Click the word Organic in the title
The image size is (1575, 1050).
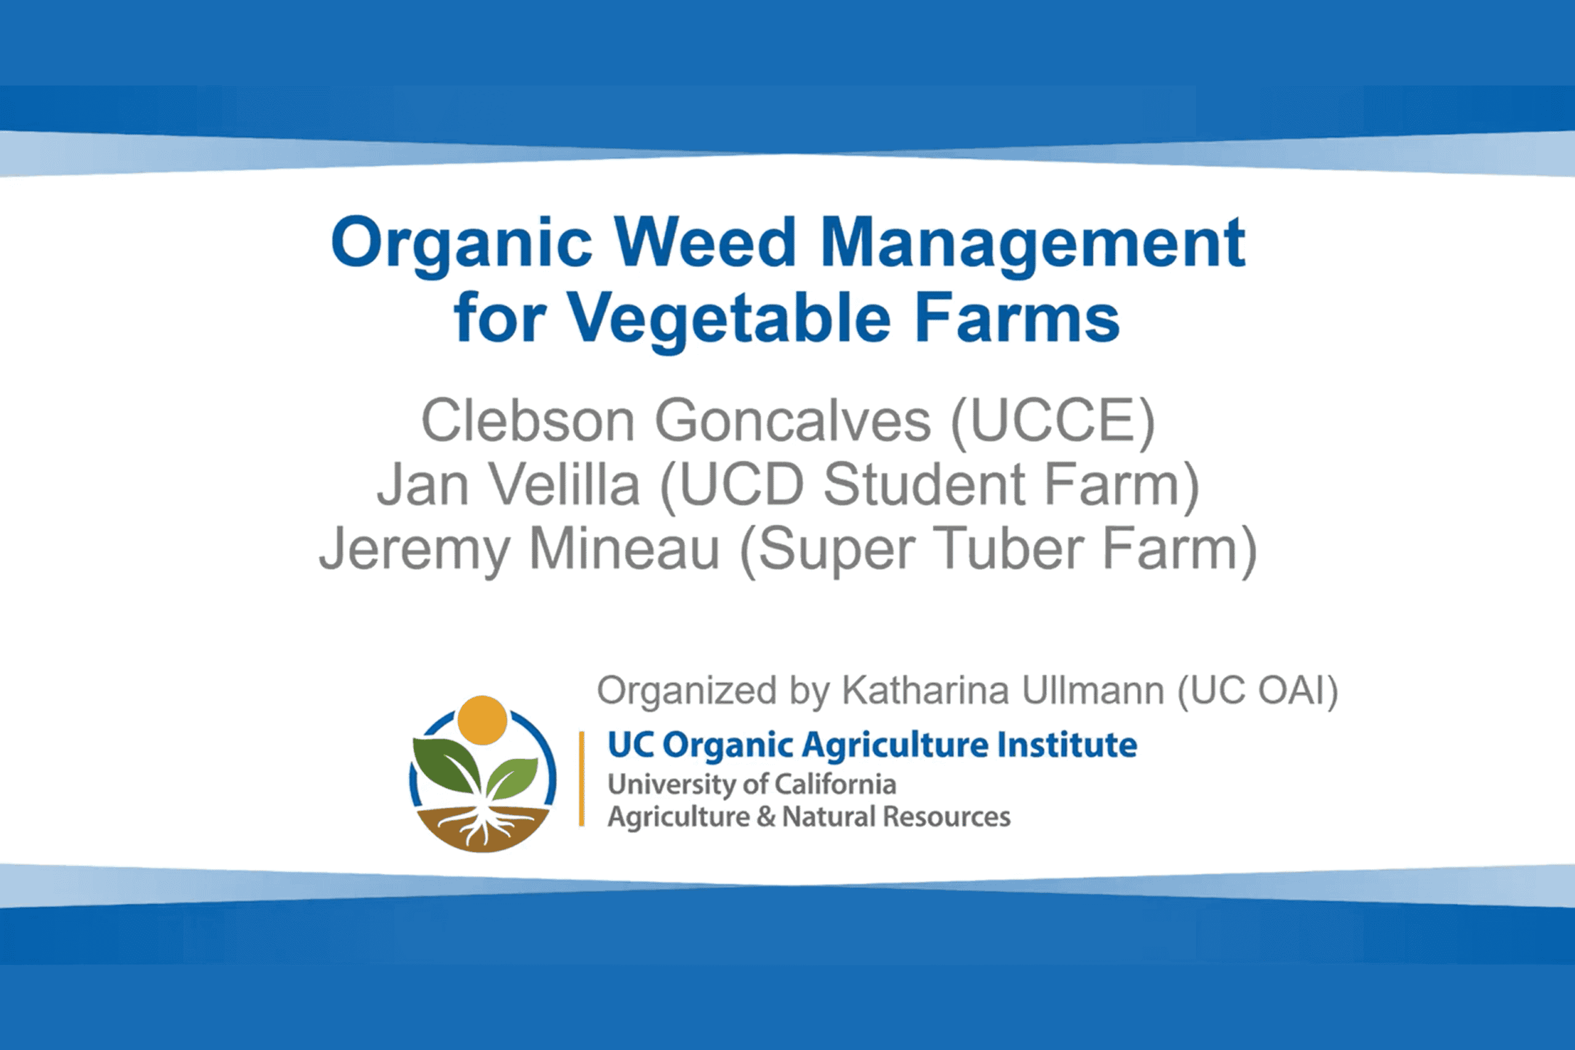[461, 245]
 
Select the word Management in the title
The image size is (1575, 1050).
[1032, 245]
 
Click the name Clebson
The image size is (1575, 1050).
[528, 420]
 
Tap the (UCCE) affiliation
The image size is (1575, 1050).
[1053, 422]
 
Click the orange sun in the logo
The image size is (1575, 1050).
[482, 720]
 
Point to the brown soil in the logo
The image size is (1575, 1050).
[483, 829]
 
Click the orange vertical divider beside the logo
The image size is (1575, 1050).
[581, 779]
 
